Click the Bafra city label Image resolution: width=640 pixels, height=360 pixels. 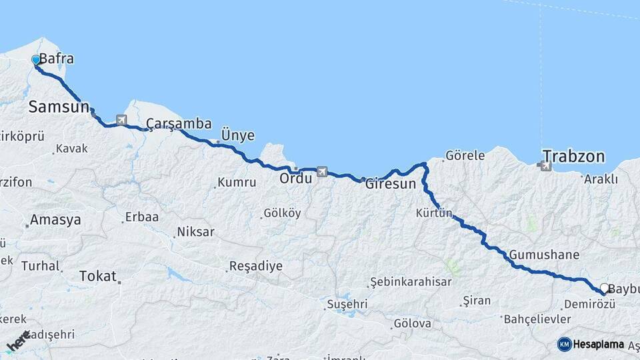[x=56, y=59]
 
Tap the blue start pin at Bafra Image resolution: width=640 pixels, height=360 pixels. [x=36, y=61]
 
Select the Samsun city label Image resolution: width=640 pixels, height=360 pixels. [x=59, y=107]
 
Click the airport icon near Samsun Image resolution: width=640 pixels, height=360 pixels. [x=121, y=120]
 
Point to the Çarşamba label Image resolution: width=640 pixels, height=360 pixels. [x=179, y=124]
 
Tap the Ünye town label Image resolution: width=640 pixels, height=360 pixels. [x=238, y=135]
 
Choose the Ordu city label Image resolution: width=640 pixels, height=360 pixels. [x=296, y=178]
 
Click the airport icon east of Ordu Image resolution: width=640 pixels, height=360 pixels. [x=323, y=171]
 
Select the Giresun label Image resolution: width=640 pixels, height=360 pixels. [x=391, y=185]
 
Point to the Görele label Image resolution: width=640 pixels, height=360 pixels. [x=465, y=155]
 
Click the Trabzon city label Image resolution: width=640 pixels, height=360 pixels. [x=573, y=157]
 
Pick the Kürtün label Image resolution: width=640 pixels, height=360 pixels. [x=434, y=213]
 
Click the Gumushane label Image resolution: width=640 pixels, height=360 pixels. [x=544, y=255]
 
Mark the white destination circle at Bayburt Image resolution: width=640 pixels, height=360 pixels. [x=605, y=289]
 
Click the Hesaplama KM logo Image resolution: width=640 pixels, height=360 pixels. [x=591, y=344]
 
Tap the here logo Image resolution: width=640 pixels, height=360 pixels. [x=18, y=341]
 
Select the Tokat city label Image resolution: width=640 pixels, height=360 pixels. [x=97, y=275]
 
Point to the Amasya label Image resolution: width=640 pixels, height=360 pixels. [x=55, y=219]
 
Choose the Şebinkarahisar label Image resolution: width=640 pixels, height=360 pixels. [x=411, y=281]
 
